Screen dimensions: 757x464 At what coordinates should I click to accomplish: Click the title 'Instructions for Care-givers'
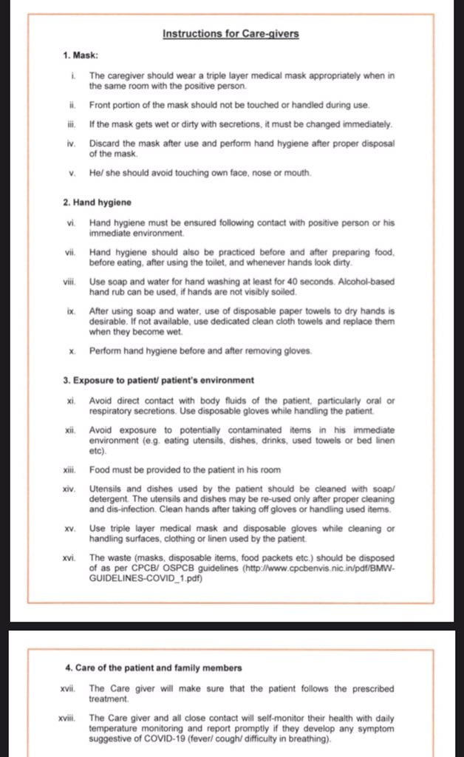click(231, 33)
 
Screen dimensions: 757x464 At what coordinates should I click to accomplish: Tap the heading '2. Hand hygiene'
click(98, 202)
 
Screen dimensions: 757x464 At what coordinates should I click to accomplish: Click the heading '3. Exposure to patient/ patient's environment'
click(158, 381)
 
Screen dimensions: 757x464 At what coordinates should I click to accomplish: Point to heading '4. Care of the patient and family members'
click(153, 668)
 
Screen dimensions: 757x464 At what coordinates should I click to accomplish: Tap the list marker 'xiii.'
click(70, 469)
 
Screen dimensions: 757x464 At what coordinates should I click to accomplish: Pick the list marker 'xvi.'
click(70, 557)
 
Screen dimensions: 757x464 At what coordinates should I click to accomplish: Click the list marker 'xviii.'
click(69, 718)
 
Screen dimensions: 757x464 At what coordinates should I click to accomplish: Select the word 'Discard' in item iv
click(103, 143)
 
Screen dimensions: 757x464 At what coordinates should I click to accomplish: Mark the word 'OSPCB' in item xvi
click(180, 568)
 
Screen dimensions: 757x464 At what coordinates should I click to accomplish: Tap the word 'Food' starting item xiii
click(99, 469)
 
